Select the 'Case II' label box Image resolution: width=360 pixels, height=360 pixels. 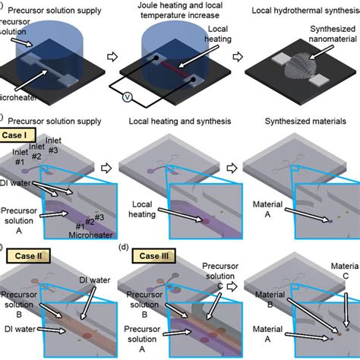point(30,256)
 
